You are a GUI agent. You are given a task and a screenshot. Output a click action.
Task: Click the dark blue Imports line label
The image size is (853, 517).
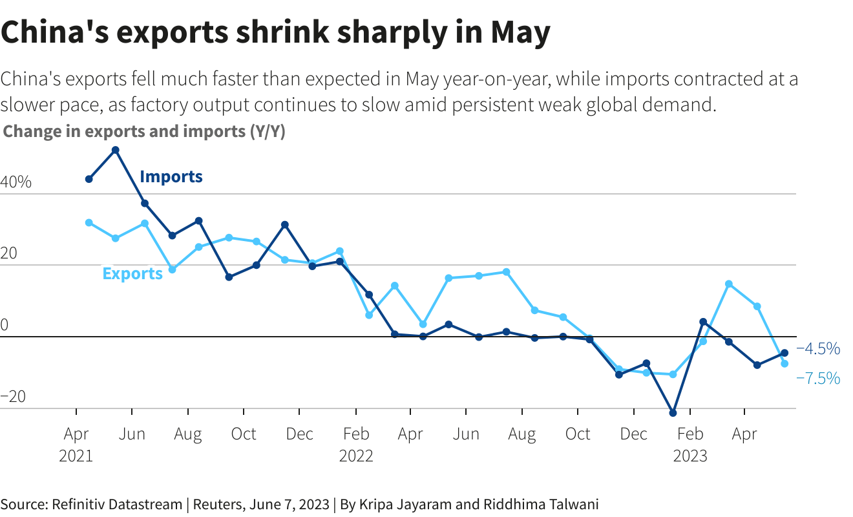pos(171,176)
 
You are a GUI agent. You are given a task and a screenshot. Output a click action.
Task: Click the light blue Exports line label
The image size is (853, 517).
pos(132,273)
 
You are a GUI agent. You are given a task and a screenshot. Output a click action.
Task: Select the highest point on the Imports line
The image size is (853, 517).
pos(115,150)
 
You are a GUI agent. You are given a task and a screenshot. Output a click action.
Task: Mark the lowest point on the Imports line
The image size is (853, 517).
pos(673,413)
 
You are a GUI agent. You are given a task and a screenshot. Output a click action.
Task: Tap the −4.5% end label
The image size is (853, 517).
pos(819,349)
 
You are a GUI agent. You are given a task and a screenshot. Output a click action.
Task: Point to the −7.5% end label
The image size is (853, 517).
pos(819,378)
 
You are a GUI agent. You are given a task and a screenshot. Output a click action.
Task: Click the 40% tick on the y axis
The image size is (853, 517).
pos(16,183)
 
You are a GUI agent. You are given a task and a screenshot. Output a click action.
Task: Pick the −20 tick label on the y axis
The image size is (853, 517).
pos(14,397)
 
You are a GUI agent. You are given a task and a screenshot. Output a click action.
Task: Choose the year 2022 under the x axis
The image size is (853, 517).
pos(356,456)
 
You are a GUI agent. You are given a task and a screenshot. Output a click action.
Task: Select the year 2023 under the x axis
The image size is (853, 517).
pos(690,456)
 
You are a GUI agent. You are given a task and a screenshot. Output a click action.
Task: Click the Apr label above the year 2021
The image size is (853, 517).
pos(76,434)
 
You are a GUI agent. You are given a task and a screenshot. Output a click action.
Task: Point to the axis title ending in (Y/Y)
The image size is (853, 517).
pos(144,131)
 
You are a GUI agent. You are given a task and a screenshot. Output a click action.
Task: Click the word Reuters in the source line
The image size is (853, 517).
pos(218,504)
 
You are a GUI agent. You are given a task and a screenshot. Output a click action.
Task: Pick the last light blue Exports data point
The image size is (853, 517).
pos(785,364)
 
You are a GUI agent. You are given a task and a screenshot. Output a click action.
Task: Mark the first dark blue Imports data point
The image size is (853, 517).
pos(89,179)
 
